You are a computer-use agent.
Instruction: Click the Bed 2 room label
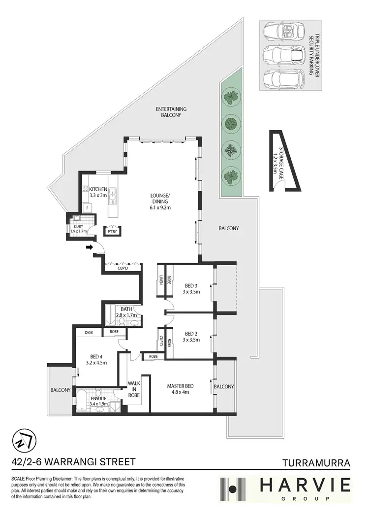click(192, 336)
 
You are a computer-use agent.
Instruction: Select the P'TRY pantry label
click(109, 231)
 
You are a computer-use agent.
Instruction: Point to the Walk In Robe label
click(134, 389)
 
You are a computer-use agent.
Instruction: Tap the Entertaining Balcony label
click(171, 112)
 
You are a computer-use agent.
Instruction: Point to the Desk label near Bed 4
click(89, 333)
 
